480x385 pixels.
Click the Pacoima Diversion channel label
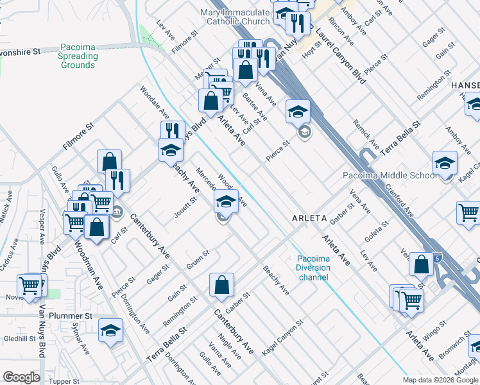[x=313, y=268]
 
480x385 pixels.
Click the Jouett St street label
[x=185, y=209]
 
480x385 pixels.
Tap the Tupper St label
[x=64, y=381]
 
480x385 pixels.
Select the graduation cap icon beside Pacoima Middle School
[x=445, y=164]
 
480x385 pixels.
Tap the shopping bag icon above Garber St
[x=221, y=284]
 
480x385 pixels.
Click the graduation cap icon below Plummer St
[x=110, y=330]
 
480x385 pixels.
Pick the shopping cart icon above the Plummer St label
[x=30, y=286]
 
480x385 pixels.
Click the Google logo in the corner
[x=21, y=377]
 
